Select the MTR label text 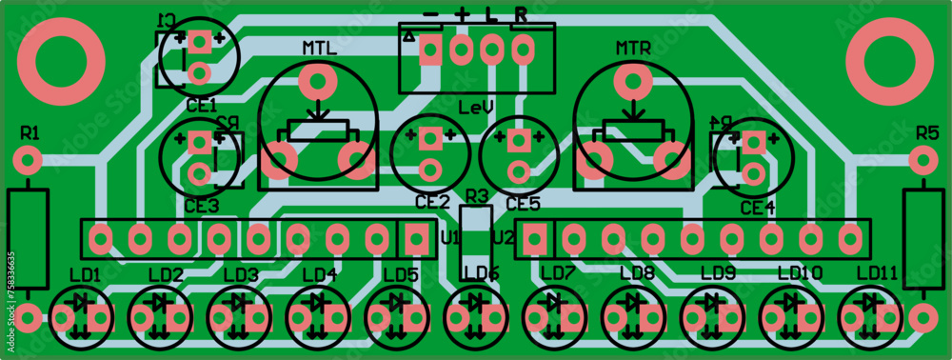pos(633,48)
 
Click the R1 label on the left pos(30,130)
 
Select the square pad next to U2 pos(535,238)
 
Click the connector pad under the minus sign pos(430,49)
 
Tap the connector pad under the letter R pos(522,48)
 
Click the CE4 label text pos(757,207)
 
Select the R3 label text pos(475,196)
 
